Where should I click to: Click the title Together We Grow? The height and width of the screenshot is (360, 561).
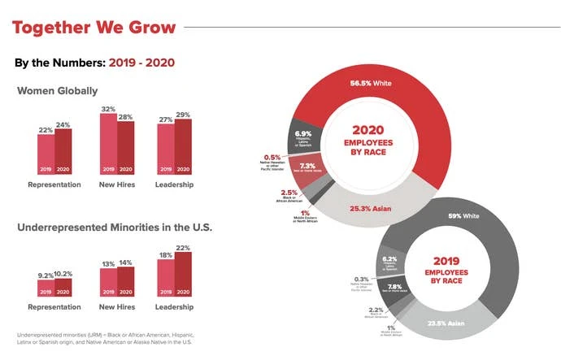coord(93,28)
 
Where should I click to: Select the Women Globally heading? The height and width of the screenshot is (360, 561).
coord(57,91)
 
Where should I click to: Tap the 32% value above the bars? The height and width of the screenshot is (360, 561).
coord(108,108)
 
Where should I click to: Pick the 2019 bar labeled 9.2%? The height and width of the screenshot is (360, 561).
coord(46,286)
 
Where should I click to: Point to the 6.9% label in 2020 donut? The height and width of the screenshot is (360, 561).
coord(302,132)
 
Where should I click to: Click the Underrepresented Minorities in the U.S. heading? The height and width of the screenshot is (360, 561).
coord(114,227)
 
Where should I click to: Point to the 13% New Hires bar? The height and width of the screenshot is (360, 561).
coord(108,280)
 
